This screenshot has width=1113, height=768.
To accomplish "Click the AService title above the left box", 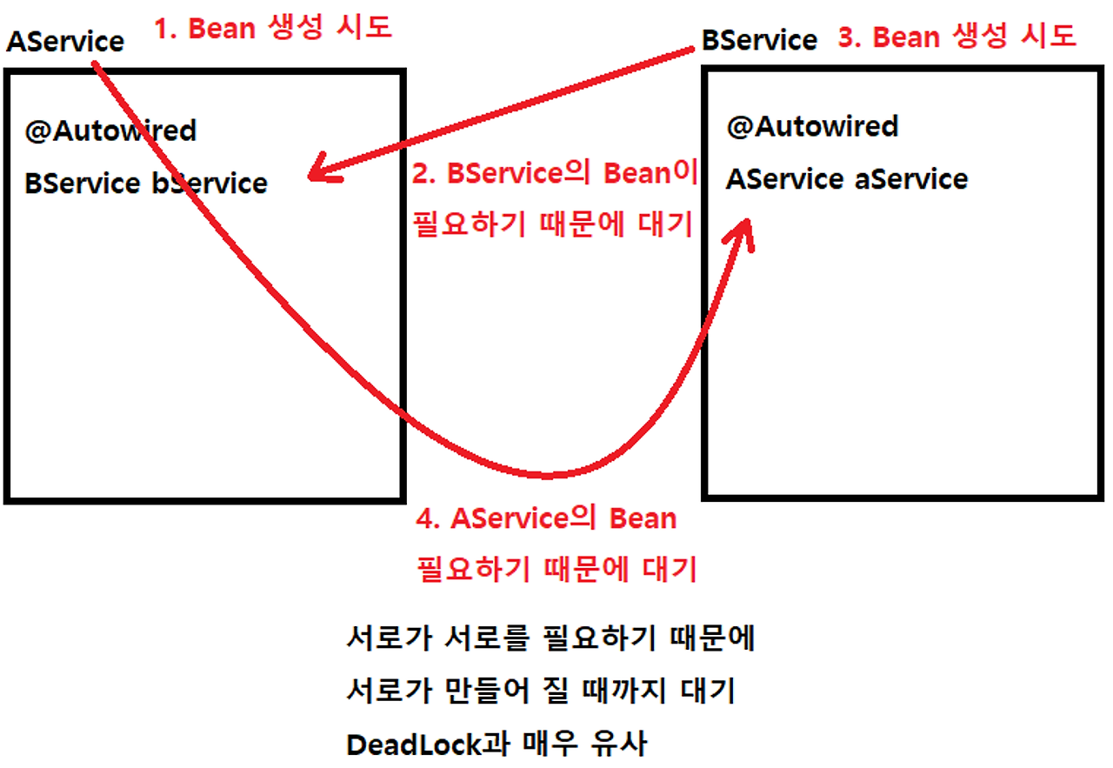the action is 65,41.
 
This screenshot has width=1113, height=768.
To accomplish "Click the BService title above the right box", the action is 760,39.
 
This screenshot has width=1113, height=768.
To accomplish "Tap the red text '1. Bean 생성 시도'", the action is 273,28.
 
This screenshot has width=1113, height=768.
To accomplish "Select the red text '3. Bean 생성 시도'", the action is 957,37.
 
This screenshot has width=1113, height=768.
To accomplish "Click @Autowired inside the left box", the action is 111,130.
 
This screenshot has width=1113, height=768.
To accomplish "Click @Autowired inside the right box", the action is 812,126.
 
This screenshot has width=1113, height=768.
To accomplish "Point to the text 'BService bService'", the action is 146,183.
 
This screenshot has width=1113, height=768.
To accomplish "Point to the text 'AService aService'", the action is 847,179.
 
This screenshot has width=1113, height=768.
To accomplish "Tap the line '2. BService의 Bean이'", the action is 554,173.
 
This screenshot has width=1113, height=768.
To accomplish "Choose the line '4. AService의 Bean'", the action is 546,518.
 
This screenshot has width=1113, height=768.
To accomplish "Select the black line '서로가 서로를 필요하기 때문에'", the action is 550,639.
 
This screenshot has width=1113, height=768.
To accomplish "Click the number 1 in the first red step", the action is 162,29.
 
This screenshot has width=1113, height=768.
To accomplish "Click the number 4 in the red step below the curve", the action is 425,519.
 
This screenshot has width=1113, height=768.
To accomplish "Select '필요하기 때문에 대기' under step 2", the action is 551,224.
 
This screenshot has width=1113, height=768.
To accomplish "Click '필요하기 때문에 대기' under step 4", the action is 556,570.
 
